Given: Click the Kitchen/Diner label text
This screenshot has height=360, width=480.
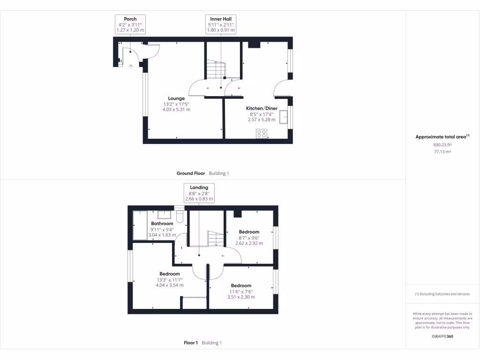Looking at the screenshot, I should pos(262,108).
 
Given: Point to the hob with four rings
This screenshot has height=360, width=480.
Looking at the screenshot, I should pos(262,134).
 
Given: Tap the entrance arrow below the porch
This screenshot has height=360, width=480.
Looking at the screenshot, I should pos(130,66).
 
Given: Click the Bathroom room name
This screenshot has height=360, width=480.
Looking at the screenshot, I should pos(162,224).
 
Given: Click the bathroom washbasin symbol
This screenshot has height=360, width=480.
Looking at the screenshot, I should pos(164,215).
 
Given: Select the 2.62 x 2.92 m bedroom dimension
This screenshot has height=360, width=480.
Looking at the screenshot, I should pos(249,243).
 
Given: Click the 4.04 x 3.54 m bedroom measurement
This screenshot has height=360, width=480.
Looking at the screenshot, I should pos(169,285).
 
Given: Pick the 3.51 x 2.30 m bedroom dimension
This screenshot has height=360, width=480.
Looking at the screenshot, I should pos(241,297).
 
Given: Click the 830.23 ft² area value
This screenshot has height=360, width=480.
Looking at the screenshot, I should pos(442,145).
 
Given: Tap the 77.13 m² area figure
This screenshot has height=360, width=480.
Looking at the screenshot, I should pos(442,152).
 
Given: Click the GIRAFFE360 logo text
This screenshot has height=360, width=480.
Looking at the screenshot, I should pos(442,336).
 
